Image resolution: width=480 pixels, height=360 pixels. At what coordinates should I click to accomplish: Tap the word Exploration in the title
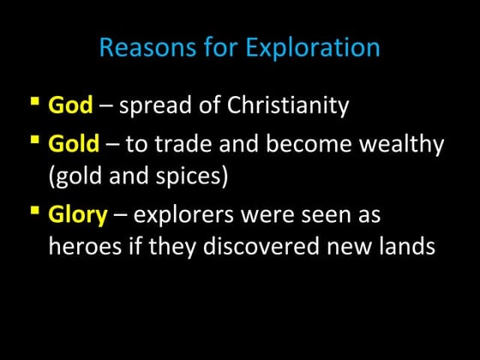313,48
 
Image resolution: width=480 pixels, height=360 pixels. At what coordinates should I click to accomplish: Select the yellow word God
69,106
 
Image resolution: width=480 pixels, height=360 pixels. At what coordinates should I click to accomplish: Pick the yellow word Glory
77,214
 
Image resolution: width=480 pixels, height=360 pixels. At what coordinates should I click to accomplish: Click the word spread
153,107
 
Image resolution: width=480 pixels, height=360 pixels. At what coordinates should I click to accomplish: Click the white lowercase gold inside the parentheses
78,177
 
